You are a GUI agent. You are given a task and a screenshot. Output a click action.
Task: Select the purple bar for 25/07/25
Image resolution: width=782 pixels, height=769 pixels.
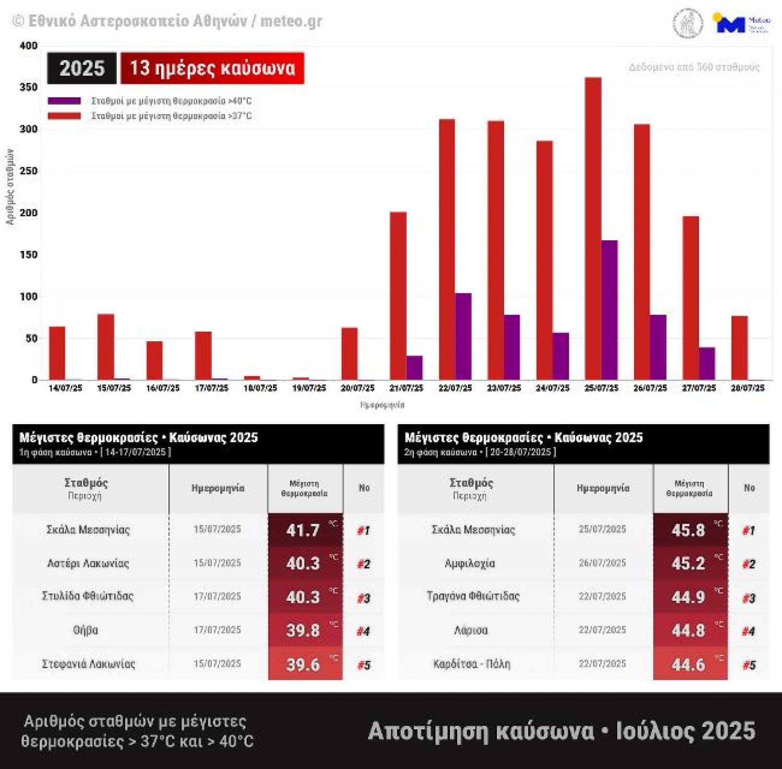click(x=609, y=310)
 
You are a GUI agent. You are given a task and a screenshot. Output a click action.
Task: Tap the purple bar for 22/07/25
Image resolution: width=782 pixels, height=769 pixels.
click(x=463, y=337)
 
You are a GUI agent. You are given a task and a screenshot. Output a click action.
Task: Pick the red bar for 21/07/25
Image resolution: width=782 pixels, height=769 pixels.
click(x=398, y=295)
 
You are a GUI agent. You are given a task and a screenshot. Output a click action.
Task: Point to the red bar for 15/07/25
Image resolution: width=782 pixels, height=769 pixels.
click(x=105, y=346)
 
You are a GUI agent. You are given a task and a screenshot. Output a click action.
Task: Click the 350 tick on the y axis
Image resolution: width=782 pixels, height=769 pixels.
click(x=29, y=87)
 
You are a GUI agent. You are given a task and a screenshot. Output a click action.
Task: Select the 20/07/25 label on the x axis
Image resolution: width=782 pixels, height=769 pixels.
click(x=358, y=388)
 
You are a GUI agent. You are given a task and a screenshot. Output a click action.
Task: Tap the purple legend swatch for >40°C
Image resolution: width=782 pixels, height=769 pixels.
click(x=64, y=101)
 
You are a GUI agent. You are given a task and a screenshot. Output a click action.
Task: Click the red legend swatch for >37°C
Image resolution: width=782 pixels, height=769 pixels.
click(x=64, y=116)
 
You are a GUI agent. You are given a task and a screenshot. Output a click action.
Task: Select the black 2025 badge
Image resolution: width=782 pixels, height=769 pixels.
click(x=82, y=68)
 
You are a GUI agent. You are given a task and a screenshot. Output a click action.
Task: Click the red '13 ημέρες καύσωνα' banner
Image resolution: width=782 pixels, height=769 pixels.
click(x=212, y=68)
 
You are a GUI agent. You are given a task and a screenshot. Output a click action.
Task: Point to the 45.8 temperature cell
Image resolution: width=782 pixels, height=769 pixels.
click(x=690, y=530)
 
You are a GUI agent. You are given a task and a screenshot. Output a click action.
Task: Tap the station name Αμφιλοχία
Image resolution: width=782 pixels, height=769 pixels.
click(x=470, y=563)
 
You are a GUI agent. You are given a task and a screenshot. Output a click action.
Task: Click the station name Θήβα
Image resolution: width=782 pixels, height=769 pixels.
click(x=85, y=630)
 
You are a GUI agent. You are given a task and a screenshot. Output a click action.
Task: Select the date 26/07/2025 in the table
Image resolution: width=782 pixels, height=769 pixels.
click(x=602, y=563)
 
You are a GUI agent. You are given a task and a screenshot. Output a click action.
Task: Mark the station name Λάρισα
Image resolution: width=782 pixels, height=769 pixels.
click(x=471, y=630)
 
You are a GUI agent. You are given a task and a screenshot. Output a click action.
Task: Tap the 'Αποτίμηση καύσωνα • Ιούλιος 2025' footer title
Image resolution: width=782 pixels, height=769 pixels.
click(x=561, y=730)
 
